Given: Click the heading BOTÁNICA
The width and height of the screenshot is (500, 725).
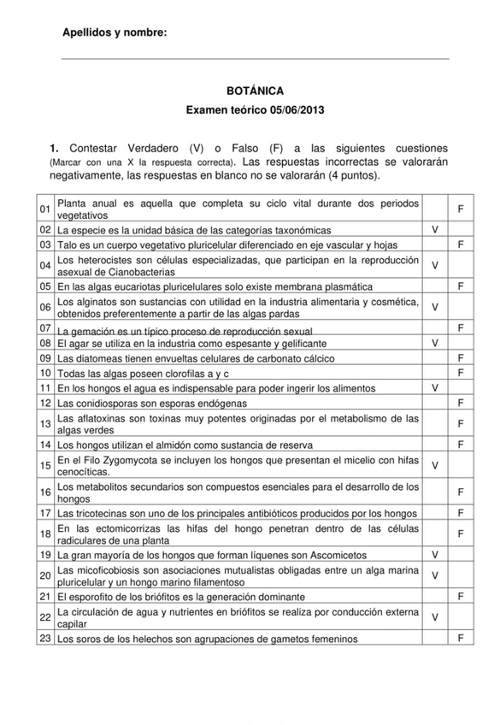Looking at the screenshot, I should click(x=250, y=90).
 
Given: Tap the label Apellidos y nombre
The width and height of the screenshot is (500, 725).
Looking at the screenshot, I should click(x=115, y=32).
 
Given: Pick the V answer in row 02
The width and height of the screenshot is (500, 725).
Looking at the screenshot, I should click(x=436, y=230).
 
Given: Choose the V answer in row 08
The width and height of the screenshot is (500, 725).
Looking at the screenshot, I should click(x=436, y=343).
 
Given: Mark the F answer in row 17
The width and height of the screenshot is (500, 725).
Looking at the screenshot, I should click(x=461, y=513).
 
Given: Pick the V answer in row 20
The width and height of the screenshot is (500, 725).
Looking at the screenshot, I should click(x=436, y=575).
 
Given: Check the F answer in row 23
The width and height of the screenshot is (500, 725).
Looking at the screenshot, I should click(x=461, y=638).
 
